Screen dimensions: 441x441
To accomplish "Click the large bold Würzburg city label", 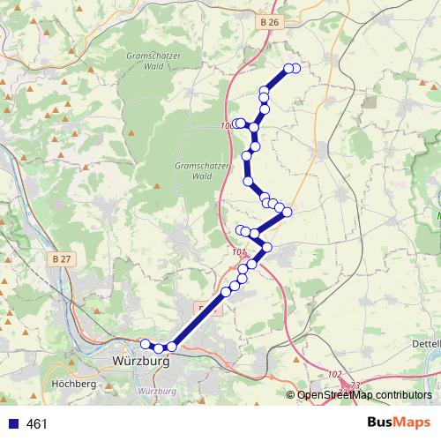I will point(141,362).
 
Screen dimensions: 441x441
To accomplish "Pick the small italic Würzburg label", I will point(160,391).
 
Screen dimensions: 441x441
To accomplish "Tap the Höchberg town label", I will point(74,385).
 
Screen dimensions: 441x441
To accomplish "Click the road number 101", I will point(238,252).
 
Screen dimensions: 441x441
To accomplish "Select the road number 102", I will point(333,374).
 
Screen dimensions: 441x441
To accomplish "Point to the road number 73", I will point(355,385).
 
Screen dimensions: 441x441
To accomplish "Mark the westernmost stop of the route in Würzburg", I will point(146,344).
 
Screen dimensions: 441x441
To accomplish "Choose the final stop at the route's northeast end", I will point(295,69).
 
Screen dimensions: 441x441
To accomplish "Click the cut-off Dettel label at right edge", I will point(426,343).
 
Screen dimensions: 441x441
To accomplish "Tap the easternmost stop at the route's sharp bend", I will point(287,212).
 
